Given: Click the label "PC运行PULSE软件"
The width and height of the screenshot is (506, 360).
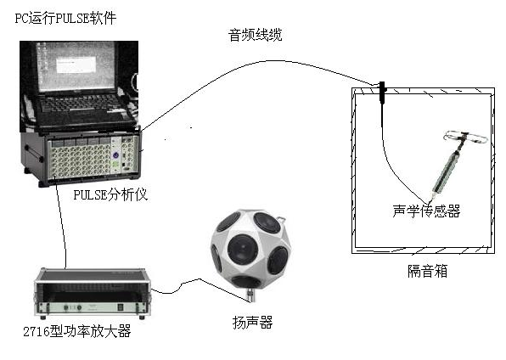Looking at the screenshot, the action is (65, 18).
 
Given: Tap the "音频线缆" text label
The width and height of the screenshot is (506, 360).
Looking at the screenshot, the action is (256, 35).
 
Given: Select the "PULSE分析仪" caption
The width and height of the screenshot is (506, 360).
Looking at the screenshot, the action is (110, 194).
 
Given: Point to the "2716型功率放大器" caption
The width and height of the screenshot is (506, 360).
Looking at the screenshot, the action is (77, 331).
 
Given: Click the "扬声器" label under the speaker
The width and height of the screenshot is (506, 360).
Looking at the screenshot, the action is (252, 323).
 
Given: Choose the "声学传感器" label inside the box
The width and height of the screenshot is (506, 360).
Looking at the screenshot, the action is (426, 211).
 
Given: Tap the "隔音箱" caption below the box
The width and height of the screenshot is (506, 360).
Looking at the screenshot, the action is (427, 271).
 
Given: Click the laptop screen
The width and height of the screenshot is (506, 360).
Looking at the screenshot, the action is (76, 66).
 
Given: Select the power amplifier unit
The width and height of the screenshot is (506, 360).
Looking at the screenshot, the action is (93, 293).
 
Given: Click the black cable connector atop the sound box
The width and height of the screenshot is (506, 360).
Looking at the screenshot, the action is (382, 93).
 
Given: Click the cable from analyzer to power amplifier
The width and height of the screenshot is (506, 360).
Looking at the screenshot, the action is (61, 222).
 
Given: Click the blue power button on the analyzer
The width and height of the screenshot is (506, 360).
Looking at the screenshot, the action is (115, 155).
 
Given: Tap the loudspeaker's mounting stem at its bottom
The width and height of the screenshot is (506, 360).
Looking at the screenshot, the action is (250, 295).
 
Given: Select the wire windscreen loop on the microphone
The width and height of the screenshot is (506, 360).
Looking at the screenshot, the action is (464, 138).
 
